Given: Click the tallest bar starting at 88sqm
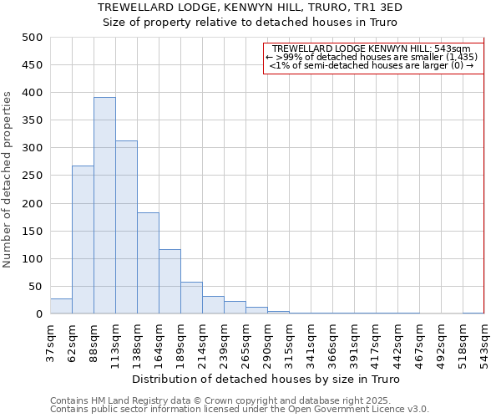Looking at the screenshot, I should (104, 206).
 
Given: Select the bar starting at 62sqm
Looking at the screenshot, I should (83, 240).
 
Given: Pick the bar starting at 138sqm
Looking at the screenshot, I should (148, 263).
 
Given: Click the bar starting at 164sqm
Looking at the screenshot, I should (170, 282).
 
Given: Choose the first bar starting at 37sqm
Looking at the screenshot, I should (61, 306).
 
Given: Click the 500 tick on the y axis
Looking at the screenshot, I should (33, 38).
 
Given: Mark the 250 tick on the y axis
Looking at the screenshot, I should (33, 203).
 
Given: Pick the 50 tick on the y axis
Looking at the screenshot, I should (36, 287).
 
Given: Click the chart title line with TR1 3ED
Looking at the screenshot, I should (250, 8).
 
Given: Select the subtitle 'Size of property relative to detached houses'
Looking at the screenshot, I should (250, 23).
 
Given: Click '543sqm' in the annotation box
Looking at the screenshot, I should (454, 49).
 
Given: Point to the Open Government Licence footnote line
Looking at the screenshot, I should (240, 409).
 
